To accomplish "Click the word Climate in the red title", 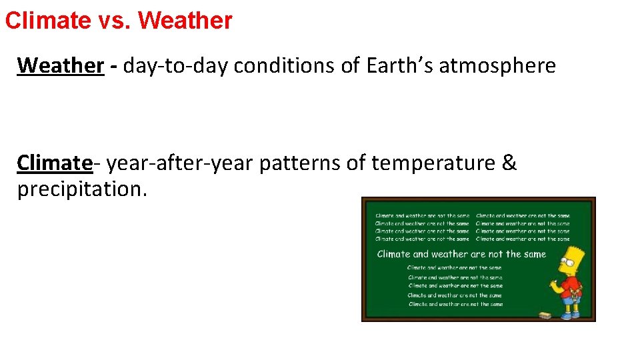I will pos(45,21).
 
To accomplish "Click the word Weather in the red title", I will pos(185,21).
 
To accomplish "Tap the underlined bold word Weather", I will pos(61,65).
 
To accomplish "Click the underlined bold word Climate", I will pos(55,163).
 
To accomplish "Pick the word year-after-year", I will pos(180,163).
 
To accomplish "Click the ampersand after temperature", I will pos(509,163).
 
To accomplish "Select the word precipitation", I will pos(82,189).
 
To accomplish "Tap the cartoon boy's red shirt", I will pos(571,287).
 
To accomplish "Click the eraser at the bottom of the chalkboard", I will pos(544,314).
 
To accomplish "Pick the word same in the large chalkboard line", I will pos(533,254).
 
